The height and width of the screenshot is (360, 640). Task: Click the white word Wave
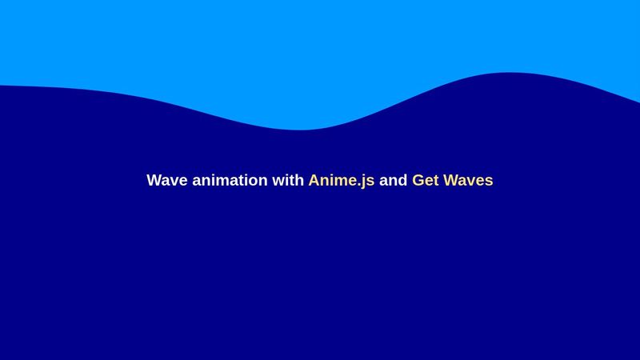tap(166, 180)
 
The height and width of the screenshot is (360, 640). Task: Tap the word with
tap(288, 180)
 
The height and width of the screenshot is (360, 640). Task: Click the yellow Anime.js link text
tap(341, 181)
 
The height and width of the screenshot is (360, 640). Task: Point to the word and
tap(393, 180)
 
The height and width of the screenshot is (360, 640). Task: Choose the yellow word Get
tap(425, 180)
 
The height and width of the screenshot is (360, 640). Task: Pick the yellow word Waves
tap(468, 180)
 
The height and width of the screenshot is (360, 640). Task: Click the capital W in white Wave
tap(154, 180)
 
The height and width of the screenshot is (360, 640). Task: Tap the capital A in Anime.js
tap(314, 180)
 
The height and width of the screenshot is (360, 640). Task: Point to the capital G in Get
tap(418, 180)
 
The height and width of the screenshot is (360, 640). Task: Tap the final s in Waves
tap(489, 182)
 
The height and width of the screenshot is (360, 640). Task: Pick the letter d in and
tap(402, 180)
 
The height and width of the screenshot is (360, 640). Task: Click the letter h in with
tap(299, 180)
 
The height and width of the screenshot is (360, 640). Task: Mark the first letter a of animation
tap(196, 182)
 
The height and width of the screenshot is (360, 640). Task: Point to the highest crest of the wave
tap(508, 73)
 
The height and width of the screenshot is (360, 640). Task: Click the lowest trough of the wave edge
tap(300, 130)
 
